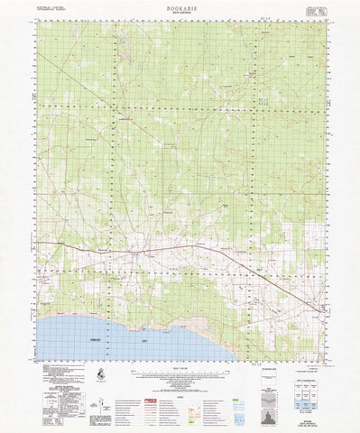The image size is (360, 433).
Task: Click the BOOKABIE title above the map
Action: point(180,5)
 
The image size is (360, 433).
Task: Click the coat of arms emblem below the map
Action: point(98,373)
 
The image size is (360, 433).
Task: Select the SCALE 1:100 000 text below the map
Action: point(180,364)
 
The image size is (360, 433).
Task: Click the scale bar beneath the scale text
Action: point(180,371)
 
